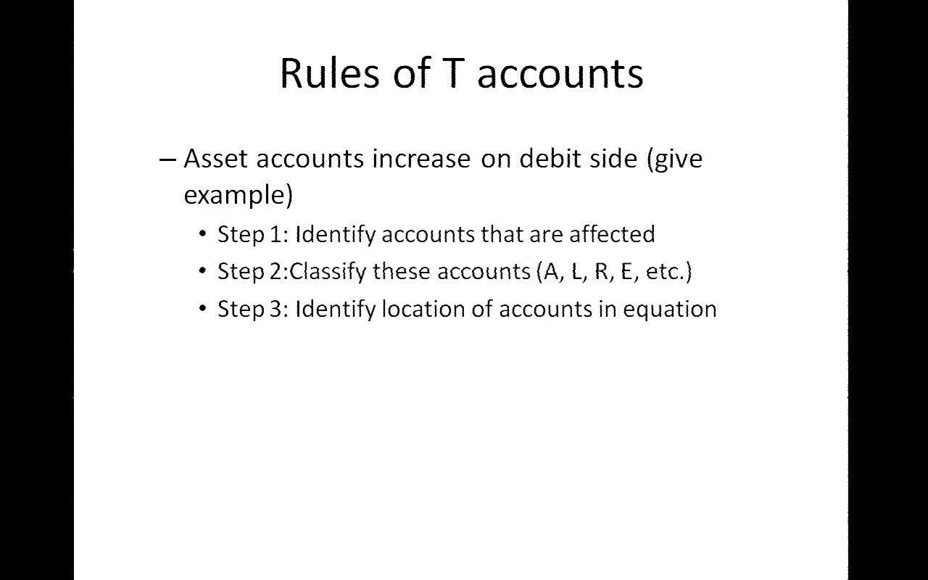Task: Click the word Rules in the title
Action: tap(330, 73)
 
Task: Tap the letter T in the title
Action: tap(453, 73)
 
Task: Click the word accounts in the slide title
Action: tap(560, 75)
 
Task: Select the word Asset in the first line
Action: tap(215, 158)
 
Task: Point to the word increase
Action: tap(421, 158)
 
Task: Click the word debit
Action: tap(550, 158)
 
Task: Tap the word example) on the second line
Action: tap(239, 195)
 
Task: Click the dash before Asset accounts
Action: tap(167, 160)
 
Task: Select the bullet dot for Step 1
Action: tap(202, 234)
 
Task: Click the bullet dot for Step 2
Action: tap(202, 271)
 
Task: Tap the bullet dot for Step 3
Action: tap(202, 309)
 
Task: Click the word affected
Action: tap(612, 233)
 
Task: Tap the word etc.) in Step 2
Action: tap(668, 272)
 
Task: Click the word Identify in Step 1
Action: tap(335, 235)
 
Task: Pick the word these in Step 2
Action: tap(402, 272)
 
